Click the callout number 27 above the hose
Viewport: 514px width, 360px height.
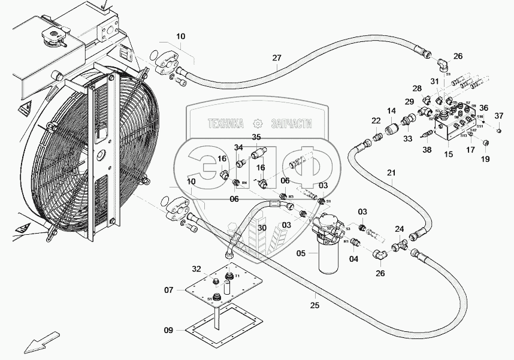tap(276, 58)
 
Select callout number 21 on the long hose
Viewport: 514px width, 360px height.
tap(391, 174)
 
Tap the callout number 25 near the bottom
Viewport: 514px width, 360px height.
tap(315, 305)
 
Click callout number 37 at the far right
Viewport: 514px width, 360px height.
tap(498, 116)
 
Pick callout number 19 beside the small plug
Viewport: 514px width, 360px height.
tap(485, 159)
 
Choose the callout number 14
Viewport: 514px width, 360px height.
tap(391, 111)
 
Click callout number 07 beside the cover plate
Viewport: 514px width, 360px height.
tap(169, 291)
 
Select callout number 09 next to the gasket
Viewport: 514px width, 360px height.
tap(169, 330)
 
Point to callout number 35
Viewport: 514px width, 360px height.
tap(256, 137)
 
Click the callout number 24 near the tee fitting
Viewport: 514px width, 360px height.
tap(399, 228)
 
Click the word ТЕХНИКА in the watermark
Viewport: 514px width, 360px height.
tap(225, 123)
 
